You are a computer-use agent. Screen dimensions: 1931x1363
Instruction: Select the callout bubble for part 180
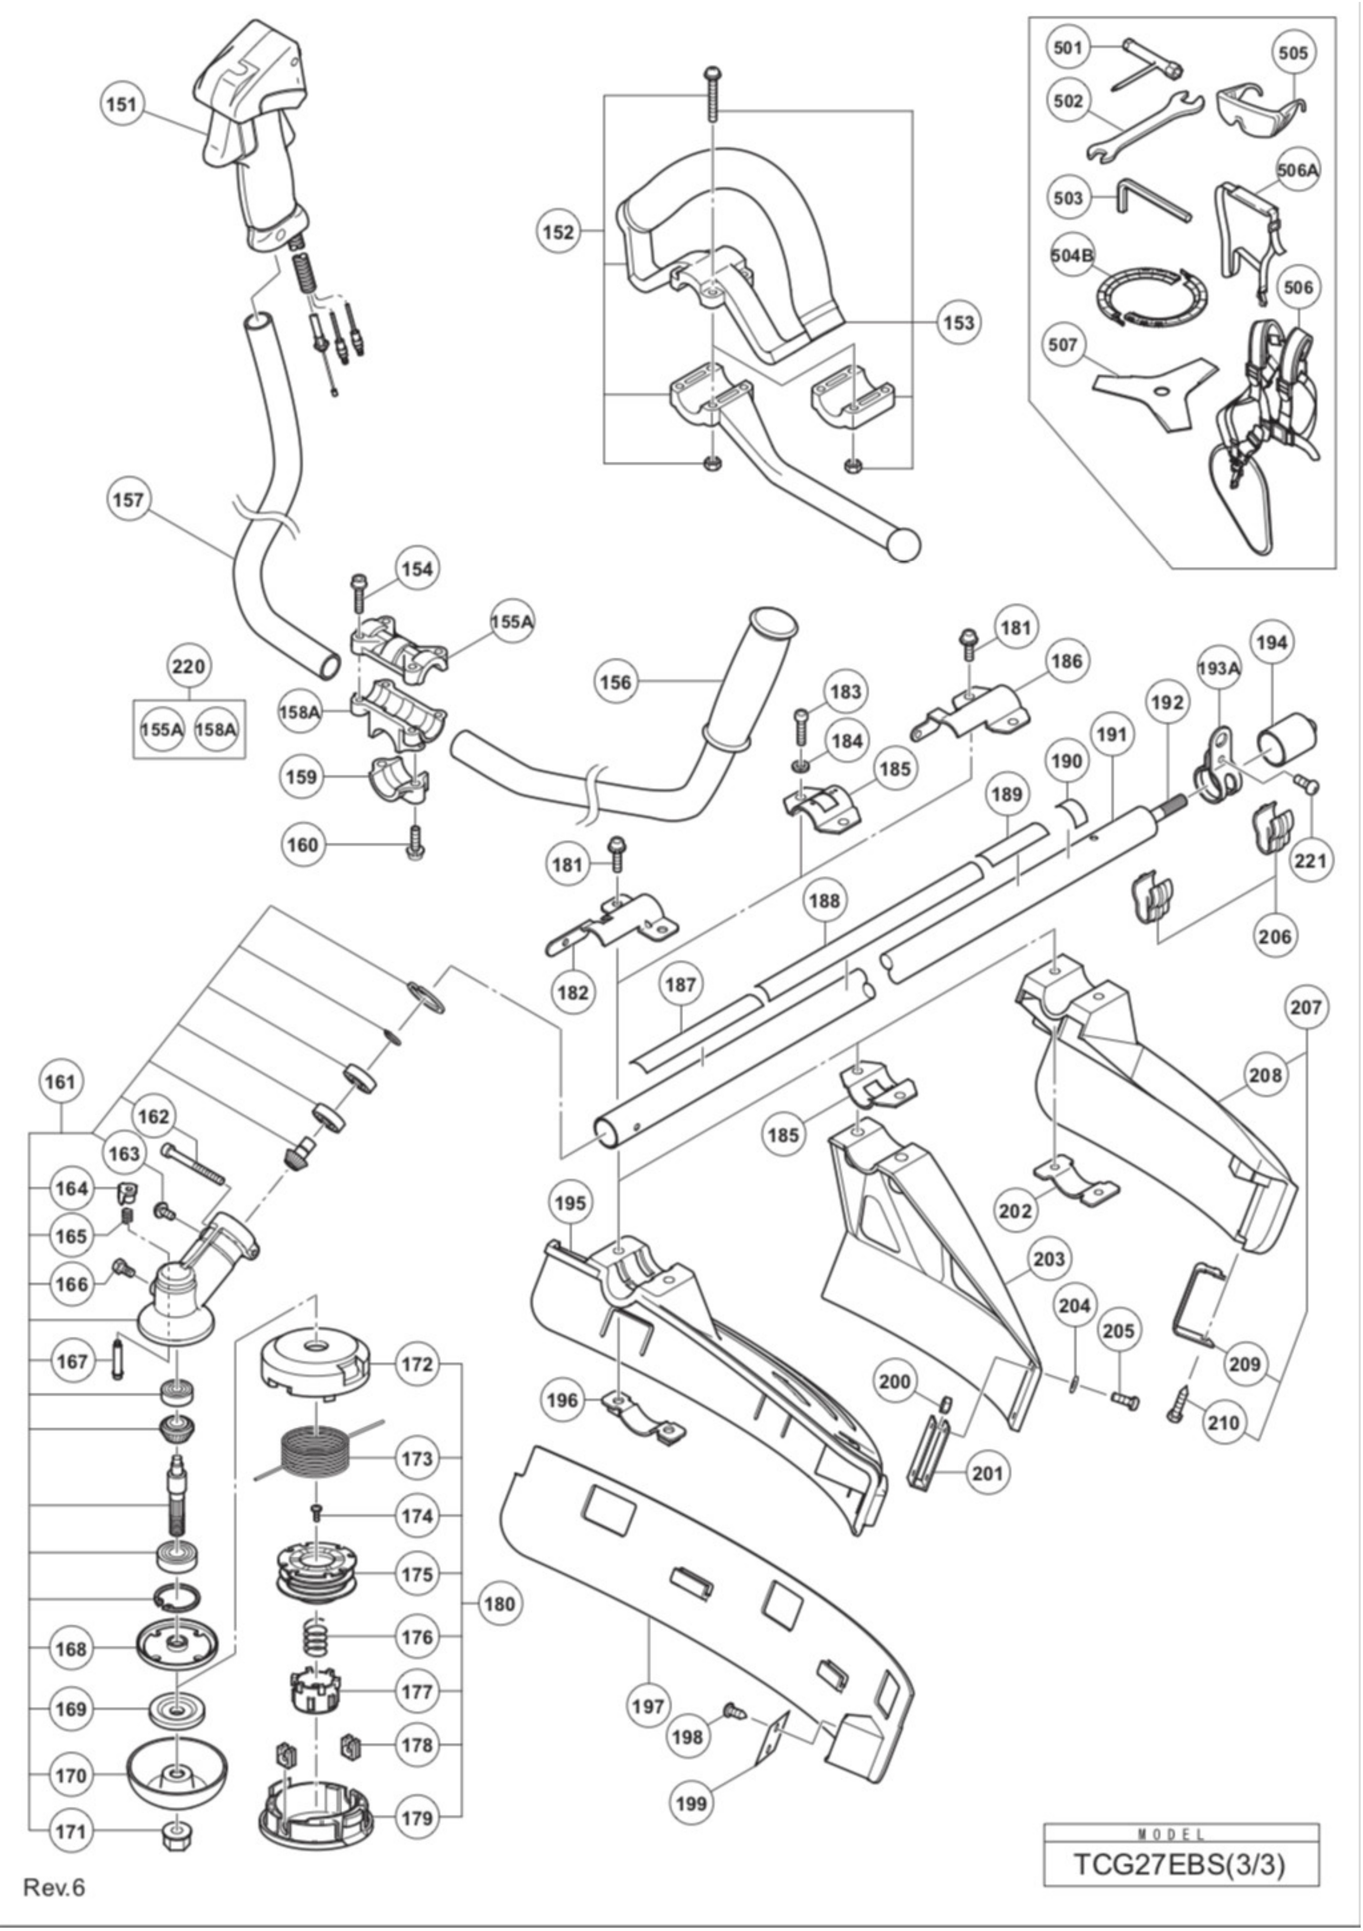point(499,1604)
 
